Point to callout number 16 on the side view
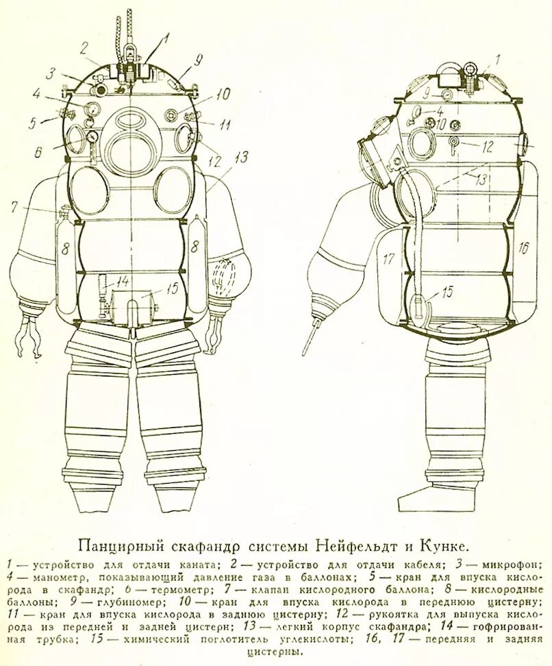[523, 248]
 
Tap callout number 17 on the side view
[388, 260]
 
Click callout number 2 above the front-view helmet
[84, 47]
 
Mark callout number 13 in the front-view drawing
[240, 158]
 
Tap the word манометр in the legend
[47, 577]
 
